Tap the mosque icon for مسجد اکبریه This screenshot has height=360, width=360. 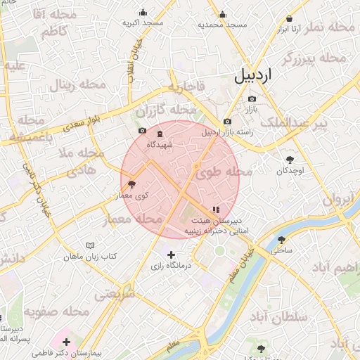143,12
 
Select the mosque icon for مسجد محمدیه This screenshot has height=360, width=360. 223,14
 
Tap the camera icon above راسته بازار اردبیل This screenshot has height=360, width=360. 227,122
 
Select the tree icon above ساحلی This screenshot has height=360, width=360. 282,240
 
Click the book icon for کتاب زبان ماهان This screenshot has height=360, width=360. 90,245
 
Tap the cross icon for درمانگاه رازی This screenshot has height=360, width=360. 171,255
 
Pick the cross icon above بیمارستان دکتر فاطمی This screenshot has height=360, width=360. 67,342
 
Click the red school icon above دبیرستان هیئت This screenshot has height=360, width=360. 215,210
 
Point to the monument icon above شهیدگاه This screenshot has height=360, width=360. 160,134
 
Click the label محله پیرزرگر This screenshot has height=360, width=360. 314,58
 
